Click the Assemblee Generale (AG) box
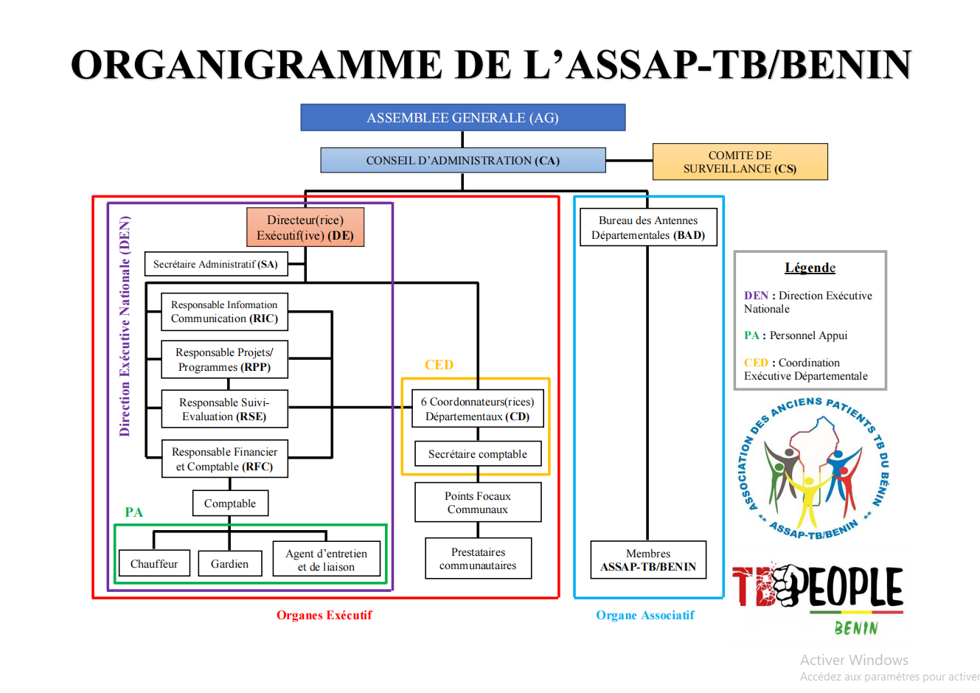(463, 118)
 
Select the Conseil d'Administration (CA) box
(463, 161)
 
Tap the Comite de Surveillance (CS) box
(740, 161)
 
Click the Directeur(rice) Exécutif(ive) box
(305, 227)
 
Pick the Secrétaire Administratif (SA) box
(215, 264)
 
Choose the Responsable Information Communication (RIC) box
(224, 312)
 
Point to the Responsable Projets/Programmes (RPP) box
(224, 360)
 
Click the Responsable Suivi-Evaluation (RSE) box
(224, 409)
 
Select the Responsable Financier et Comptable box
(224, 459)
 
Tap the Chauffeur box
(154, 564)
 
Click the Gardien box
(229, 564)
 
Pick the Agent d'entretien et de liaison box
(326, 560)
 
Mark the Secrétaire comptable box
(478, 454)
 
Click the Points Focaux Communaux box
(478, 503)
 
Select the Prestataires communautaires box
(478, 559)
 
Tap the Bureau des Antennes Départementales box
(648, 228)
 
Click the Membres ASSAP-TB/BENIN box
(648, 560)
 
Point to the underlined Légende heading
(810, 268)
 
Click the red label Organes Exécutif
(324, 615)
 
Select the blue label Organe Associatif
(645, 615)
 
